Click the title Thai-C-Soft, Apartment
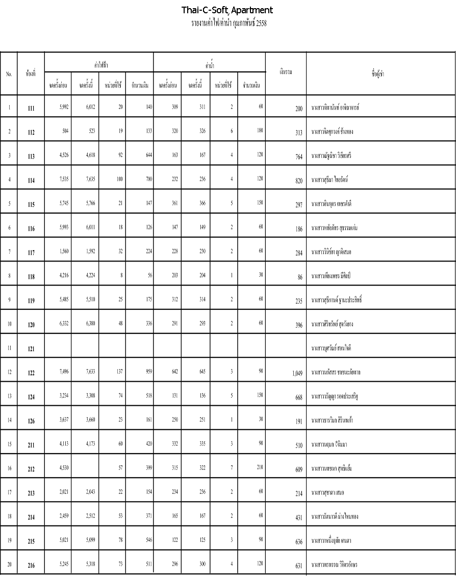click(x=227, y=10)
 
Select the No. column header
click(x=9, y=73)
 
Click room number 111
click(x=31, y=109)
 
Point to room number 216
click(x=31, y=565)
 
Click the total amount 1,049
click(x=297, y=373)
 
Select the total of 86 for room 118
click(x=299, y=277)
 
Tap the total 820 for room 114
click(x=299, y=180)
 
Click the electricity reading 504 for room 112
click(x=65, y=131)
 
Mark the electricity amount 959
click(x=148, y=371)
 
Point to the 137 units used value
click(x=119, y=371)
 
